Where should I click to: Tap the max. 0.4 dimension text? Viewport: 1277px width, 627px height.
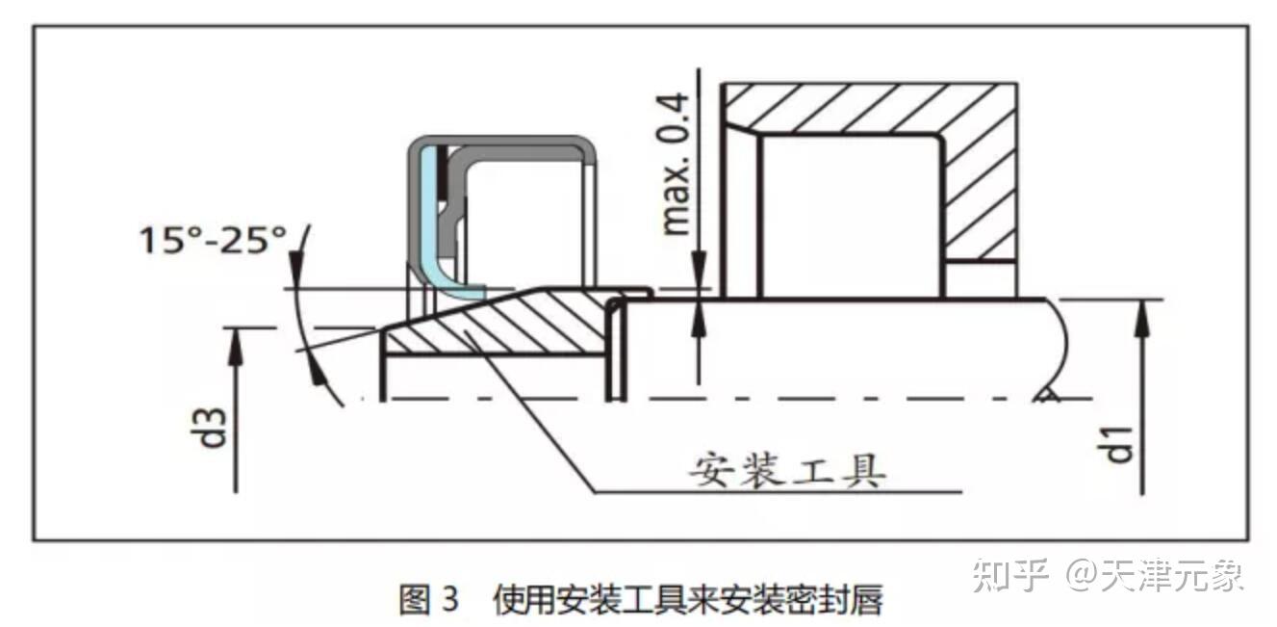(677, 164)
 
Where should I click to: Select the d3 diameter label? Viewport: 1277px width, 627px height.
(214, 427)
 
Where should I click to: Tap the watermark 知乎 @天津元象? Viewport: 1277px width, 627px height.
(1108, 575)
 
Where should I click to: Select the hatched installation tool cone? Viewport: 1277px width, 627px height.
(500, 323)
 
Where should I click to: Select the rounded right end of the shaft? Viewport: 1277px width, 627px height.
(1059, 347)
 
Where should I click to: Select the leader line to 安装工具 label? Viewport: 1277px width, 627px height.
(539, 414)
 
